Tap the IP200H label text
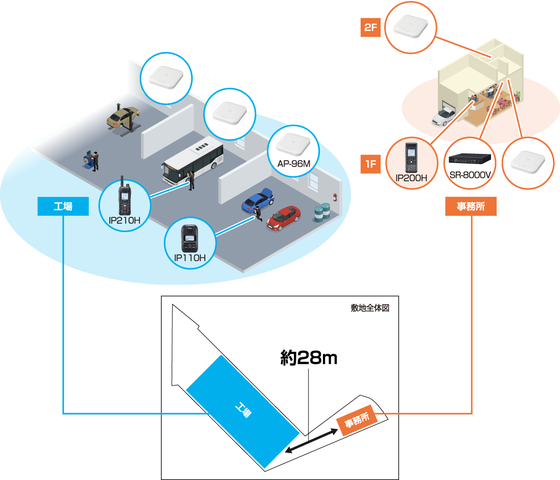411,178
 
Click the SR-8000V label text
470,175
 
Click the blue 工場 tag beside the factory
63,207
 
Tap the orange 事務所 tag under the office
471,207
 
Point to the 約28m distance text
309,357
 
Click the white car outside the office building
443,117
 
